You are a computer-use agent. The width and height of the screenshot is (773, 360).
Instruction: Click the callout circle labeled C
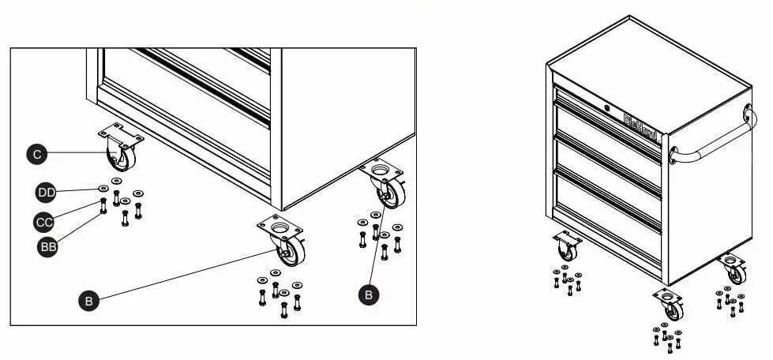pos(37,155)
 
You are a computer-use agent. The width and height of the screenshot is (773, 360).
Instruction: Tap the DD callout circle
pos(46,192)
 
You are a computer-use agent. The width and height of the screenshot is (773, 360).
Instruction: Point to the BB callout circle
pos(49,246)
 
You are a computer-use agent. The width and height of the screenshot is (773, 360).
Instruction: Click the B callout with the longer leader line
pos(89,300)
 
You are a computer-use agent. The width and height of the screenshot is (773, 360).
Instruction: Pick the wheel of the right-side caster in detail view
pos(389,193)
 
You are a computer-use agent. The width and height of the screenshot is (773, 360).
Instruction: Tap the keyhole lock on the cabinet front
pos(606,108)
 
